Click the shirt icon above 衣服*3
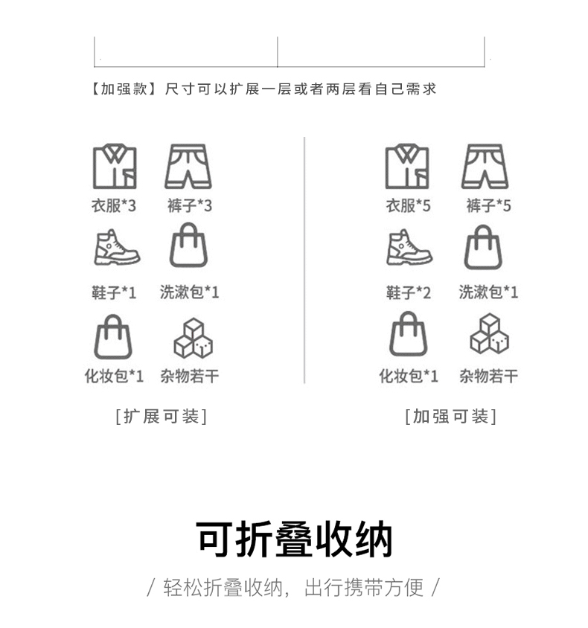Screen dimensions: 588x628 click(114, 167)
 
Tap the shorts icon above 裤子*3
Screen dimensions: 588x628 click(188, 167)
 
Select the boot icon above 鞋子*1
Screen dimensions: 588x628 click(116, 248)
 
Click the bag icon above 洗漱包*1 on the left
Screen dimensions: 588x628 click(188, 246)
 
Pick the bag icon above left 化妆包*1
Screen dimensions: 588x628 click(113, 336)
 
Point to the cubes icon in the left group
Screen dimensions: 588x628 click(193, 339)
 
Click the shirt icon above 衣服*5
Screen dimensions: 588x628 click(407, 167)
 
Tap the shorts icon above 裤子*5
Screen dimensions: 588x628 click(485, 167)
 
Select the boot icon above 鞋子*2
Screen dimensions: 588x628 click(409, 248)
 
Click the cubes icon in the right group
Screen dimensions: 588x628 click(489, 334)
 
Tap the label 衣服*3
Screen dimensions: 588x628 click(114, 206)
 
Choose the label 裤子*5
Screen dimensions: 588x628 click(488, 206)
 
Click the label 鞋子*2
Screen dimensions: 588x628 click(408, 292)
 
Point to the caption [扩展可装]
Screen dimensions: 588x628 click(162, 417)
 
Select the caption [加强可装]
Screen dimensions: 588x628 click(450, 417)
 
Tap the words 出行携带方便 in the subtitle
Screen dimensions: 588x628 click(364, 588)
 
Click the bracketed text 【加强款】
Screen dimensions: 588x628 click(121, 89)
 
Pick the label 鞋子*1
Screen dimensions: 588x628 click(114, 292)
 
